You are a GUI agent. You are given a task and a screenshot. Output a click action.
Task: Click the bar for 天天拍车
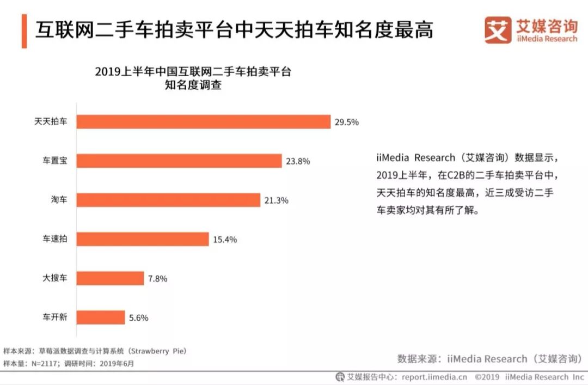coord(203,121)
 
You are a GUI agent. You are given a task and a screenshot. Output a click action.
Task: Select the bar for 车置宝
coord(179,161)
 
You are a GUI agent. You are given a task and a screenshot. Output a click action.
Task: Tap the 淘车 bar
coord(168,200)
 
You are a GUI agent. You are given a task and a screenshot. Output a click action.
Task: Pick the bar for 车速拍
coord(143,239)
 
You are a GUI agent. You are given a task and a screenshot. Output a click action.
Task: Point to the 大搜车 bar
coord(110,278)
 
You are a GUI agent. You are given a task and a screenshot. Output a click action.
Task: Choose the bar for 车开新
coord(101,317)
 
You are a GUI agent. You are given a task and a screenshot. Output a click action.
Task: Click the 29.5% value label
coord(347,122)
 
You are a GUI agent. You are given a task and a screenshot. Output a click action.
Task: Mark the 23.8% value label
coord(298,161)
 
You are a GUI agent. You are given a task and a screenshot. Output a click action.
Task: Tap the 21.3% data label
coord(276,200)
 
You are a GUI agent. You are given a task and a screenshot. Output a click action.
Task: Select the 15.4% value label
coord(225,240)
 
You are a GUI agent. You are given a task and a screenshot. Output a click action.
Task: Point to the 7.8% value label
coord(157,279)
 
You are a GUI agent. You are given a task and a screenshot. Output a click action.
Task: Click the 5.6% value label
coord(138,318)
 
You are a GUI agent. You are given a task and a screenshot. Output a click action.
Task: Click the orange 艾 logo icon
coord(498,30)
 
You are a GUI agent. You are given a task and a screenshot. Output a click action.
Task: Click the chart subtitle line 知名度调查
coord(193,85)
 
